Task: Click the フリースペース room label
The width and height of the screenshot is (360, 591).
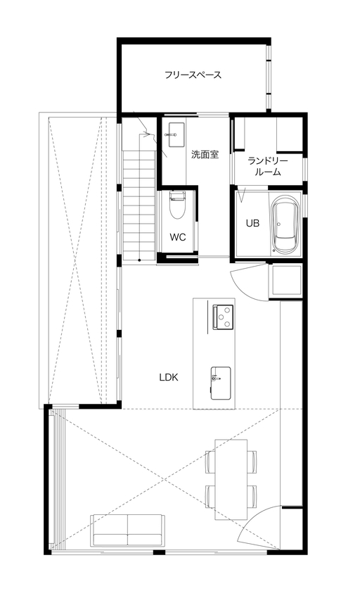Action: [193, 74]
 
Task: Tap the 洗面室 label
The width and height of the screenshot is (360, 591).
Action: [205, 154]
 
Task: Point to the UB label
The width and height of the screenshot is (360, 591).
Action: [252, 223]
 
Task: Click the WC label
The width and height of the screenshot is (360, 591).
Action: [178, 237]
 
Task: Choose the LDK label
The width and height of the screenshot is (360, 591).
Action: [168, 377]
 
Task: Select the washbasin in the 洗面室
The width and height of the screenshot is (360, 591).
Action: [174, 132]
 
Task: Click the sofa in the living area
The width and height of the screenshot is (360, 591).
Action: [127, 530]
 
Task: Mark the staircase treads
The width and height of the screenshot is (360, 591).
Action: [139, 204]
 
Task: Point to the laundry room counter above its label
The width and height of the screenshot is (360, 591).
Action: [268, 134]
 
